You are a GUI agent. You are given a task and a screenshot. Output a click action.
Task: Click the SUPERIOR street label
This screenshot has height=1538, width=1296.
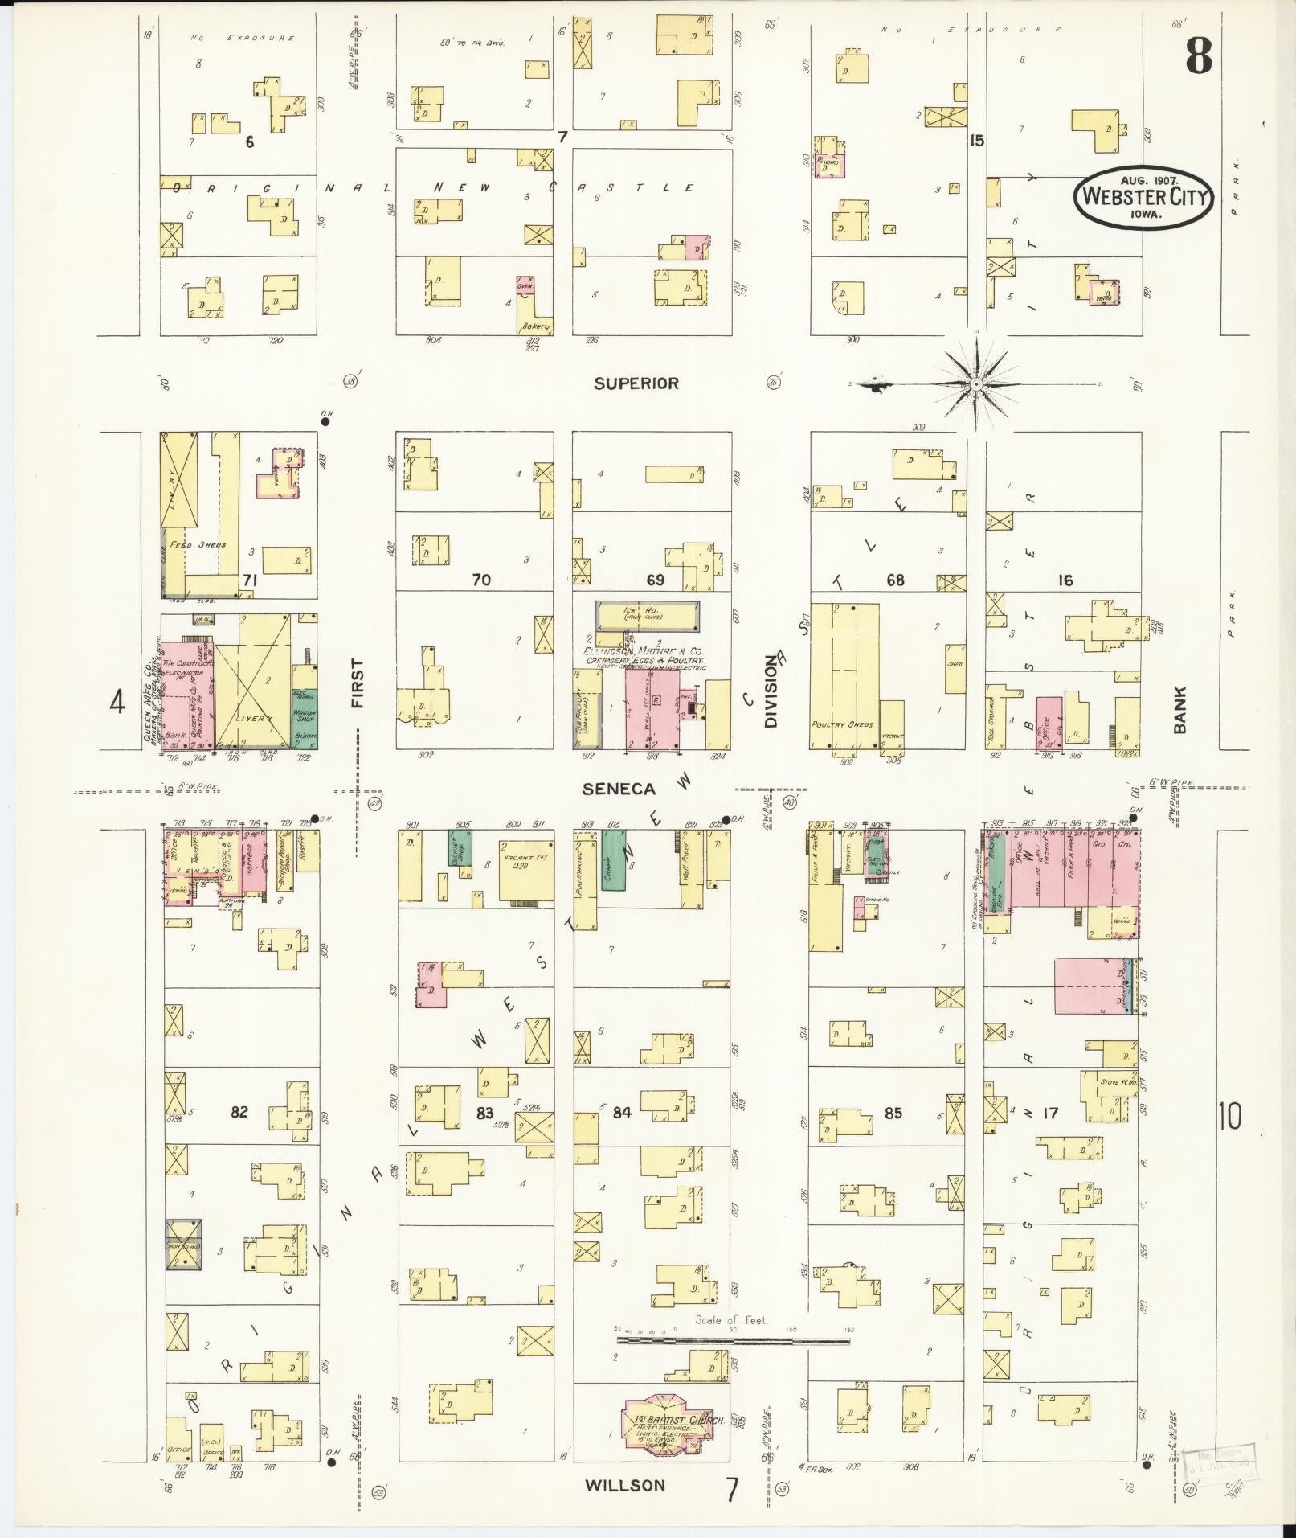coord(636,383)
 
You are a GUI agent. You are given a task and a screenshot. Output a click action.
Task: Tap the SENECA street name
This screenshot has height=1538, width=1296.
coord(619,790)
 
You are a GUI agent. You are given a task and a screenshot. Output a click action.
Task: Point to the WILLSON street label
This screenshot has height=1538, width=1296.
coord(625,1485)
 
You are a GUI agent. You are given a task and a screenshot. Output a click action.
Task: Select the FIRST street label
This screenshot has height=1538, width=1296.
coord(358,683)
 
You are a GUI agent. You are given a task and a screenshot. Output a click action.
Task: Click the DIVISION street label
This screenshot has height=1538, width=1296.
coord(771,692)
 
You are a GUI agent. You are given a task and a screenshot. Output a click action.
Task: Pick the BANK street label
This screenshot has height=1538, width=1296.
coord(1179,710)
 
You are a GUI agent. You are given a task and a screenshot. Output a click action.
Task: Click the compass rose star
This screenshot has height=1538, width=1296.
coord(975,384)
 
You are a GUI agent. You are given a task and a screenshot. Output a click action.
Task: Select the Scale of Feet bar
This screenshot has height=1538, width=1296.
coord(733,1341)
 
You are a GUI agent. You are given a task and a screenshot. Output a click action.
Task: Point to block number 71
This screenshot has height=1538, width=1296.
coord(250,580)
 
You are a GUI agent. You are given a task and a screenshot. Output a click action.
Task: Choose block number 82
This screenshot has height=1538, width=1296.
coord(239,1112)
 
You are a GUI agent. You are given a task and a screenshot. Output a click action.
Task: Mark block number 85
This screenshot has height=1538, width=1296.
coord(893,1113)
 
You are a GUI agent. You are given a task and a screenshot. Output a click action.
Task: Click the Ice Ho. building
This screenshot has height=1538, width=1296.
coord(647,617)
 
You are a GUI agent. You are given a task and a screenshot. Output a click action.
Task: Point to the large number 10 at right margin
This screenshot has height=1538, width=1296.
coord(1229,1116)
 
